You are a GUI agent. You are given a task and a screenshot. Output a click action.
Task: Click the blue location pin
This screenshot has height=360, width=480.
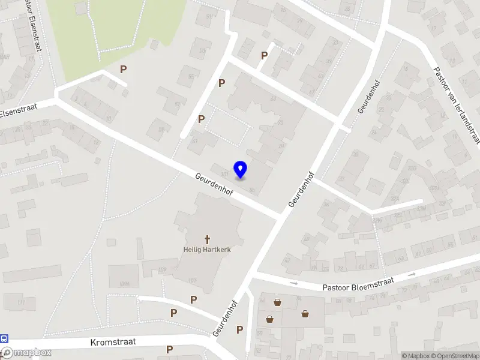(241, 170)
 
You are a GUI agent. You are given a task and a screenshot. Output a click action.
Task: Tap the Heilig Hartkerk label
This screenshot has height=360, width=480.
(207, 249)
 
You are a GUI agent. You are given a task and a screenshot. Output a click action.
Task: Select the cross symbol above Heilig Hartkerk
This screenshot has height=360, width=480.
(208, 239)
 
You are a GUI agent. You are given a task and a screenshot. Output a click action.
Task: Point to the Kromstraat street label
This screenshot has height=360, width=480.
(113, 342)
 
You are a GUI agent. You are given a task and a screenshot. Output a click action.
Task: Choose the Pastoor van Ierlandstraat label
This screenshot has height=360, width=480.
(457, 106)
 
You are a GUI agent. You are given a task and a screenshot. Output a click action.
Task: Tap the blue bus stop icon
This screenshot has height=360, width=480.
(4, 339)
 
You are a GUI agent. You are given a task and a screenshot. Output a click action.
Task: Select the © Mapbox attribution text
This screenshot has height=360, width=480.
(416, 356)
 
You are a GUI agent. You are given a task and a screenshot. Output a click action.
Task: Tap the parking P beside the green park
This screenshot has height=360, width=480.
(123, 69)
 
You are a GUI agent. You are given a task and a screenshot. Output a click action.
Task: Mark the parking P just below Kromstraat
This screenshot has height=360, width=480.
(170, 349)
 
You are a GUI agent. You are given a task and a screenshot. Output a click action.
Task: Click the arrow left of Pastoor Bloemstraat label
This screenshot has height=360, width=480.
(293, 283)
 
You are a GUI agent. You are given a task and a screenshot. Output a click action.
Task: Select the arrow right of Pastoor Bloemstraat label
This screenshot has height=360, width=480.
(412, 274)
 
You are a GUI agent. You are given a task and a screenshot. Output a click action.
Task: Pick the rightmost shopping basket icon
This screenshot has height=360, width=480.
(305, 313)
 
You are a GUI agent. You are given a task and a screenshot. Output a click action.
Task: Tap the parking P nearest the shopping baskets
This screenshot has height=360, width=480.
(239, 329)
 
